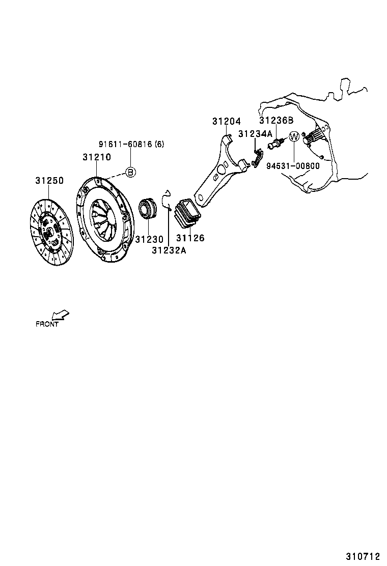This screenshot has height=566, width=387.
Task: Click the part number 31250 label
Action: click(x=49, y=181)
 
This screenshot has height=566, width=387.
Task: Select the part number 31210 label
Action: click(x=96, y=157)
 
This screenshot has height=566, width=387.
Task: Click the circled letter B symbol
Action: click(x=130, y=172)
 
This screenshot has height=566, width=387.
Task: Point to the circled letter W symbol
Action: click(x=294, y=137)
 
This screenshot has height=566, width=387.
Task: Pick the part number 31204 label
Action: click(x=227, y=121)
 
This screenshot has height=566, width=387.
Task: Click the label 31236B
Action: click(x=277, y=121)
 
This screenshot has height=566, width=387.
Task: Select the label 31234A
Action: click(x=256, y=134)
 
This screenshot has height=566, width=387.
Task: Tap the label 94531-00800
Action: click(x=293, y=165)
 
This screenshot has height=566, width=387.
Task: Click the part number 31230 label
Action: click(x=149, y=239)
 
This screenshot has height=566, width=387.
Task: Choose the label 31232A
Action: click(x=169, y=249)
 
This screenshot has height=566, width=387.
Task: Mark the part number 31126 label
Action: click(x=190, y=238)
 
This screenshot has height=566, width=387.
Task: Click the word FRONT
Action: click(x=47, y=324)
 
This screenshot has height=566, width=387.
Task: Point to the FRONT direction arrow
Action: click(x=61, y=316)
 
